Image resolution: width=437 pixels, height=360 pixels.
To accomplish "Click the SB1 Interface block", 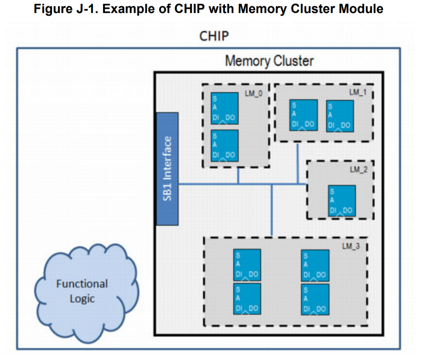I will pos(167,169).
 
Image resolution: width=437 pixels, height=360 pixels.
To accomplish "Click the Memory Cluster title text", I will pos(269,61).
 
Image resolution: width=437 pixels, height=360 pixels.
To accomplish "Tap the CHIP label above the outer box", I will pos(214,36).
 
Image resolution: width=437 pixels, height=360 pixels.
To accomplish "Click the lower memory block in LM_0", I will pos(225,145).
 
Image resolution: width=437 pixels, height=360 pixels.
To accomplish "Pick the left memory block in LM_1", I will pos(303,115).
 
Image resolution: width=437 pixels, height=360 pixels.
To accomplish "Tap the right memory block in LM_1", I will pos(340,116).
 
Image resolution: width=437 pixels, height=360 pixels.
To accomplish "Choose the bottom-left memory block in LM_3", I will pos(247,299).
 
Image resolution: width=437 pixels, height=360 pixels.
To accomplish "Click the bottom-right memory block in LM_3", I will pos(315,299).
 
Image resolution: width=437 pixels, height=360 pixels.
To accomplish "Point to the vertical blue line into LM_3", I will pos(272,210).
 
